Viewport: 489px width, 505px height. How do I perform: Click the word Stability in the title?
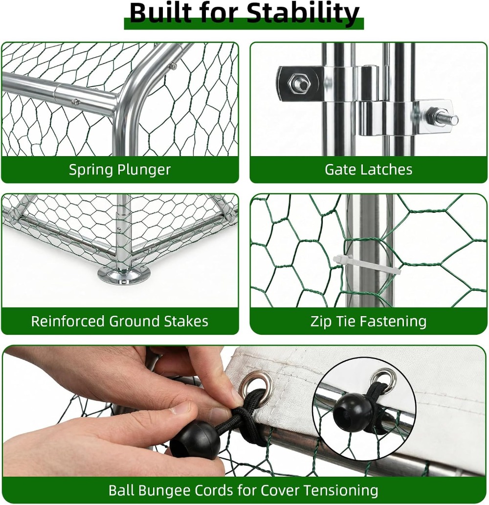click(304, 14)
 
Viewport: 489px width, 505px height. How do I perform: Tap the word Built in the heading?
click(158, 13)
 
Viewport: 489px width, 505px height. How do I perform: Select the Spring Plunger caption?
click(120, 170)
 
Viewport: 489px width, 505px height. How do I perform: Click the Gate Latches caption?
click(368, 169)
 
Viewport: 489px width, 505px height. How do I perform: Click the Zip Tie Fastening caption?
click(368, 321)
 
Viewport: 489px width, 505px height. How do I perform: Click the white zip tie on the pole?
click(367, 265)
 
